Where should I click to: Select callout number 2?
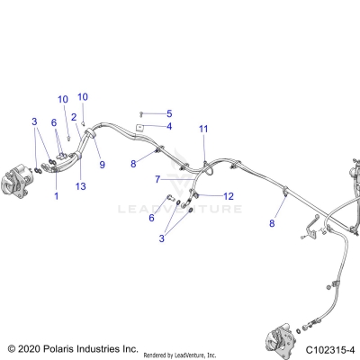click(x=74, y=116)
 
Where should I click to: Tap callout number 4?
click(x=167, y=127)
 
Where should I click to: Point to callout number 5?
click(x=168, y=113)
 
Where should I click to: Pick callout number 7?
click(x=157, y=179)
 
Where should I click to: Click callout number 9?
click(x=102, y=165)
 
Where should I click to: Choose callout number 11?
click(x=203, y=129)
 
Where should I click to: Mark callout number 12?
click(x=229, y=195)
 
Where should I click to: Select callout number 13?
click(x=83, y=186)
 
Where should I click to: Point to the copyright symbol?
click(x=12, y=347)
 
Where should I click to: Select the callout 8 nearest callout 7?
click(x=133, y=164)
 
